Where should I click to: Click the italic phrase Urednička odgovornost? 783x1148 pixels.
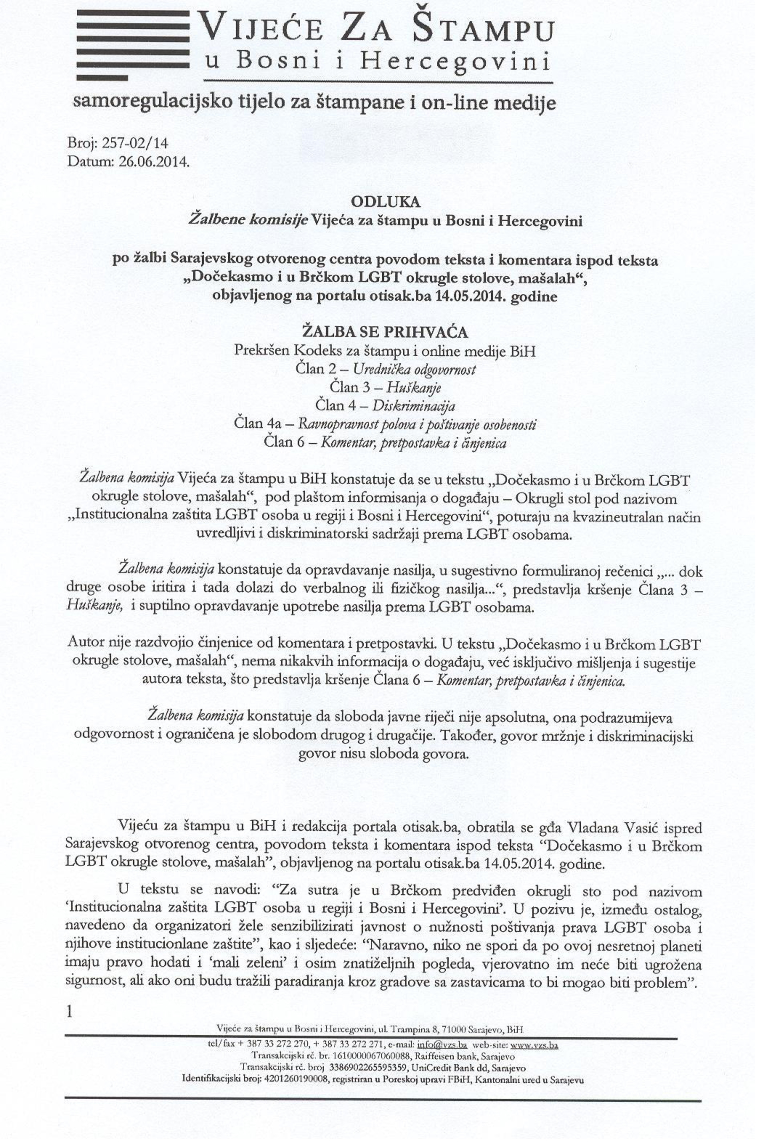pyautogui.click(x=415, y=369)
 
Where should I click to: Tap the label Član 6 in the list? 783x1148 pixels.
pyautogui.click(x=285, y=442)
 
